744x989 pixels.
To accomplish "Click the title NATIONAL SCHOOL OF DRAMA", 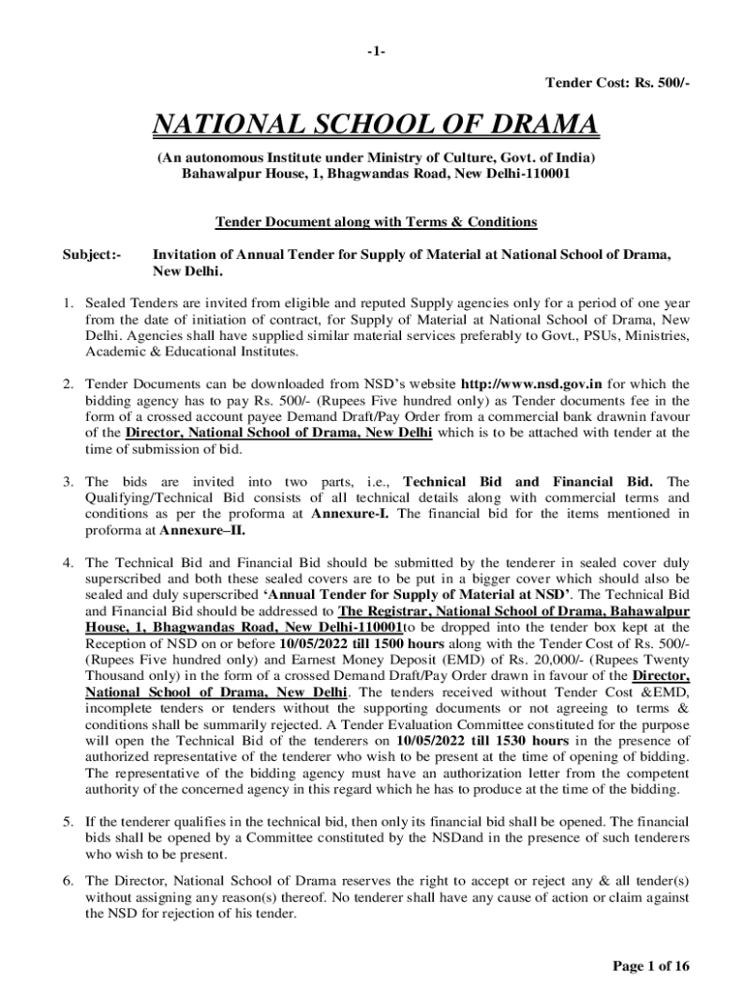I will [x=372, y=126].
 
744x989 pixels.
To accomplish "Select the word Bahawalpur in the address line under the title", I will [x=216, y=175].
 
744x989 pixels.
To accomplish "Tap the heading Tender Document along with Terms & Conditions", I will [x=375, y=222].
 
